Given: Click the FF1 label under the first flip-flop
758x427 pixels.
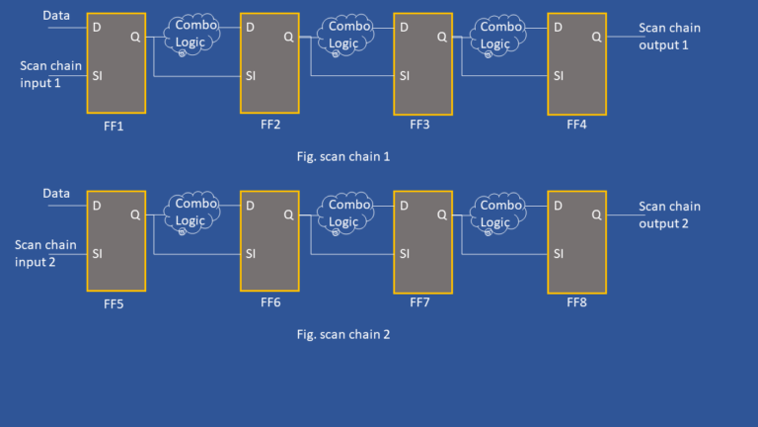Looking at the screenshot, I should pos(115,127).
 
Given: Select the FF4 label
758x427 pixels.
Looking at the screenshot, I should pos(577,125).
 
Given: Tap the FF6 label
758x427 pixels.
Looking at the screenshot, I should pos(270,302).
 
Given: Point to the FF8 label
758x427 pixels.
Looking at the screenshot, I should pos(577,302).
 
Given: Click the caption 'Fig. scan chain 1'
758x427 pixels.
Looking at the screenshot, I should pos(343,156).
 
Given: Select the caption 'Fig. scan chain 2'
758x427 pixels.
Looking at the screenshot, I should pos(343,334).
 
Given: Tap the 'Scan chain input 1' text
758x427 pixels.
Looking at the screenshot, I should pos(50,74).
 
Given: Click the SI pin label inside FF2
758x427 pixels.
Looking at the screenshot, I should pos(252,75).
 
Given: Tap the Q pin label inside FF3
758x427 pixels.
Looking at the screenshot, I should pos(441,38).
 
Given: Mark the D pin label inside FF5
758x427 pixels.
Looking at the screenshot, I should pos(97,206).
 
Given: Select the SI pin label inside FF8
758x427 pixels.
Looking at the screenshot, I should pos(559,254).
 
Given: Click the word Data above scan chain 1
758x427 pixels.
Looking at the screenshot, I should pos(56,16).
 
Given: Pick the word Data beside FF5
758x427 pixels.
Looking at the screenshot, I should pos(56,194).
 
